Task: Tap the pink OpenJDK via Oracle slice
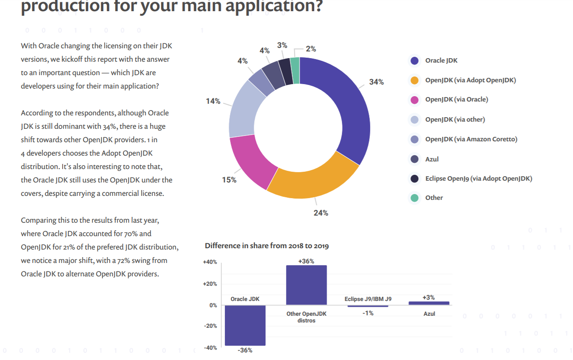click(x=248, y=159)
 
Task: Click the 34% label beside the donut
click(x=376, y=82)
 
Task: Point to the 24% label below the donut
click(x=321, y=213)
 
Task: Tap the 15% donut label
click(x=229, y=180)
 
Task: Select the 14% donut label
click(x=213, y=101)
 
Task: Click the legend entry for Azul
click(x=432, y=159)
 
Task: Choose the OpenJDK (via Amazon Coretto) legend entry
click(x=471, y=139)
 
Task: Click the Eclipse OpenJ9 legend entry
click(x=478, y=178)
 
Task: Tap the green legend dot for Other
click(x=415, y=198)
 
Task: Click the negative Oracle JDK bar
click(x=245, y=325)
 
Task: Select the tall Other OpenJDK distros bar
click(x=306, y=285)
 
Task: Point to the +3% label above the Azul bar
click(x=429, y=297)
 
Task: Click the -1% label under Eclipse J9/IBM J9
click(x=368, y=313)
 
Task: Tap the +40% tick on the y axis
click(x=210, y=262)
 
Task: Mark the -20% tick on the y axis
click(x=211, y=326)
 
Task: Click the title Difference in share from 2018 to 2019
click(x=267, y=246)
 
